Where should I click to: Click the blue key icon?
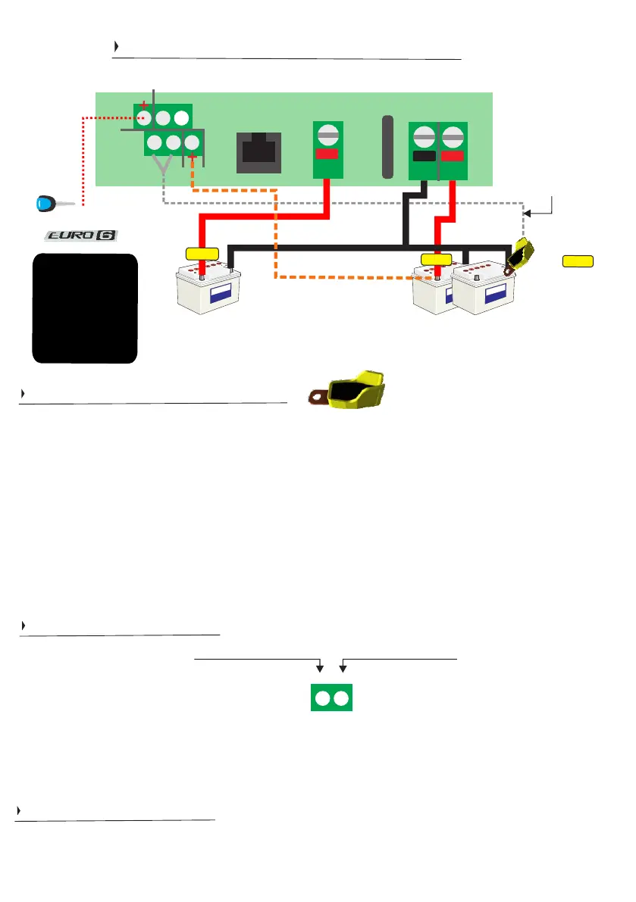[47, 204]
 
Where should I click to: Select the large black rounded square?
[85, 308]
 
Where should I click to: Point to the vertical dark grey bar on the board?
[388, 148]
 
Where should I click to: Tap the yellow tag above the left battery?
[202, 252]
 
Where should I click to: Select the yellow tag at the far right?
[578, 261]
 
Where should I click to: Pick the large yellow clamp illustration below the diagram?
[351, 389]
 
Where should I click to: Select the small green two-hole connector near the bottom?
[332, 698]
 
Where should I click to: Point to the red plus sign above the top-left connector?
[144, 106]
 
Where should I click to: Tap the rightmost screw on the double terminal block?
[452, 138]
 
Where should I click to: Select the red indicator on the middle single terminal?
[327, 154]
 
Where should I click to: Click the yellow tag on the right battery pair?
[436, 260]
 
